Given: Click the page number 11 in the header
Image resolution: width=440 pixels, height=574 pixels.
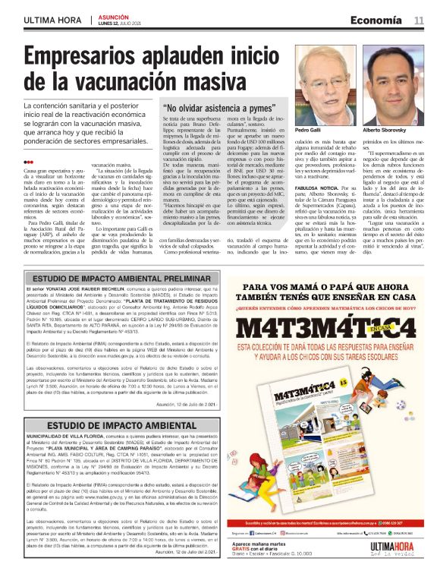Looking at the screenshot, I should [x=418, y=20].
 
